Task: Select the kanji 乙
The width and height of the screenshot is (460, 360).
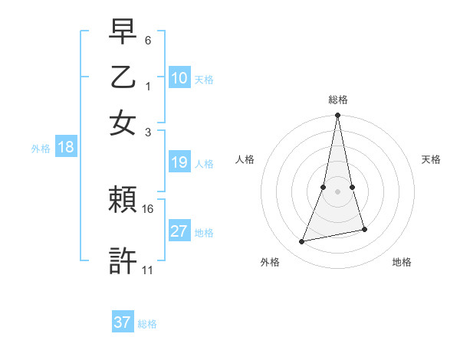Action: [x=123, y=78]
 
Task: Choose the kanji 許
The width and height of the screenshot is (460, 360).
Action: [x=123, y=260]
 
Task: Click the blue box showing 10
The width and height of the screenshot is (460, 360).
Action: [x=179, y=78]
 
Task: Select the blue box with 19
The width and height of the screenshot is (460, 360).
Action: [x=179, y=162]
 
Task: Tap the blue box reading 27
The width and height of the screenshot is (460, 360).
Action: [x=179, y=231]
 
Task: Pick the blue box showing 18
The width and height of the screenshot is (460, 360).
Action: [x=66, y=148]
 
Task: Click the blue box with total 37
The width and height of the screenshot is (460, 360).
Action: [x=123, y=322]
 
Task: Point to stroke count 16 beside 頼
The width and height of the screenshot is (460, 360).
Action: [x=148, y=208]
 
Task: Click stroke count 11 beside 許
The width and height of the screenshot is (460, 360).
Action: [x=148, y=270]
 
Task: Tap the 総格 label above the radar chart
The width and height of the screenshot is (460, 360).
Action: [x=337, y=100]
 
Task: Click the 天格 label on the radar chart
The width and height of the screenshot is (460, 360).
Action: [x=431, y=159]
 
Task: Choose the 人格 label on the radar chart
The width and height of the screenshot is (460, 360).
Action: [x=245, y=159]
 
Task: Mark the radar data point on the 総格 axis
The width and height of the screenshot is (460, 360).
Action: [x=337, y=116]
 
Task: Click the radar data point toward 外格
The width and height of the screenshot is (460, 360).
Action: [x=302, y=242]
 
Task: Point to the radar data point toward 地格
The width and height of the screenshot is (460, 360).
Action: [x=364, y=229]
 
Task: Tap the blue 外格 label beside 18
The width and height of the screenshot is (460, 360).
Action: [x=41, y=149]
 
